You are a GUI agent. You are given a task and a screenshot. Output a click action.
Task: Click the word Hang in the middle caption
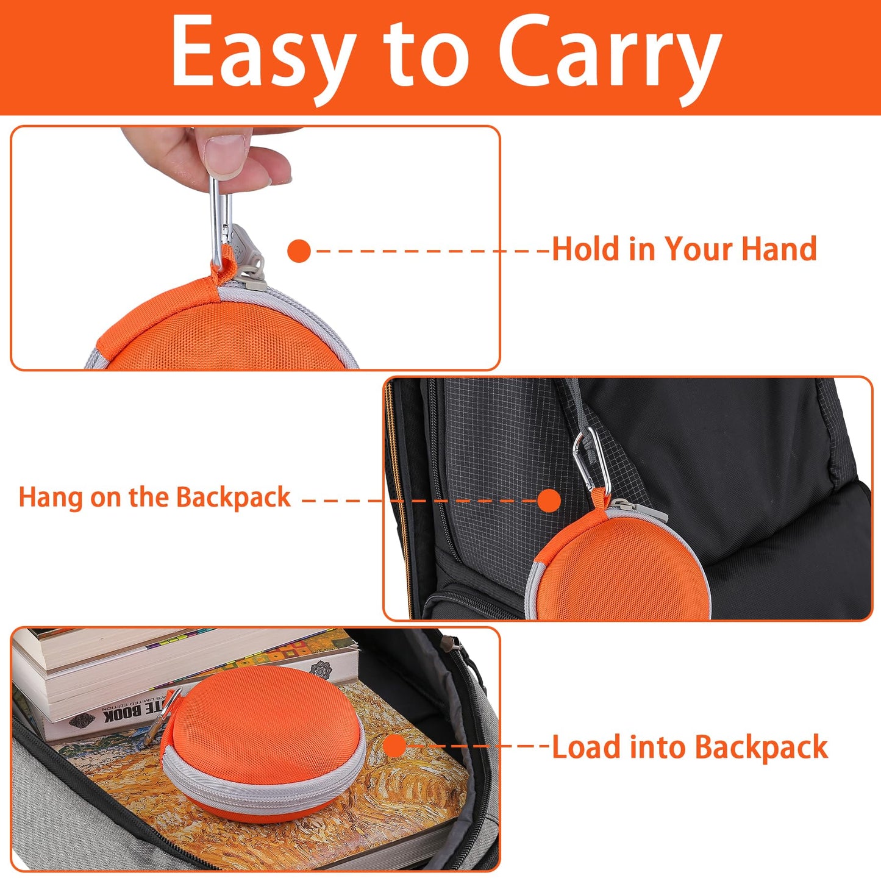[x=50, y=498]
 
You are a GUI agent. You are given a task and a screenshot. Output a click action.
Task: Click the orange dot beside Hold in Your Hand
[x=299, y=251]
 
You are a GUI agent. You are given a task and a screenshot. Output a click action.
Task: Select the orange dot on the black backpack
[x=549, y=501]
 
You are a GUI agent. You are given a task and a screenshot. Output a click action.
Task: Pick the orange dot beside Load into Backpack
[x=394, y=747]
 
